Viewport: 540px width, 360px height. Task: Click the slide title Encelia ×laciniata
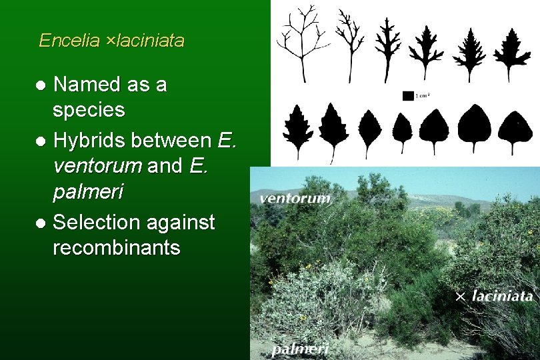click(x=111, y=41)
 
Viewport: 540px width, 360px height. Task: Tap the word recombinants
click(x=116, y=248)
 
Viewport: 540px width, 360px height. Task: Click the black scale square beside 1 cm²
click(x=408, y=95)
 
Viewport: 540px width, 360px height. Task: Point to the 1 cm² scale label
click(x=423, y=95)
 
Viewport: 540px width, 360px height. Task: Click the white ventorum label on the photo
click(x=295, y=199)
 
